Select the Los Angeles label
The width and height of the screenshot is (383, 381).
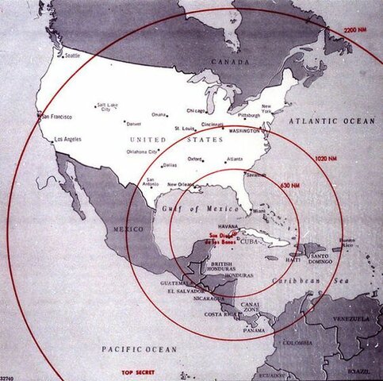click(x=67, y=140)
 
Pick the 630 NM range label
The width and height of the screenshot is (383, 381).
click(x=289, y=185)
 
